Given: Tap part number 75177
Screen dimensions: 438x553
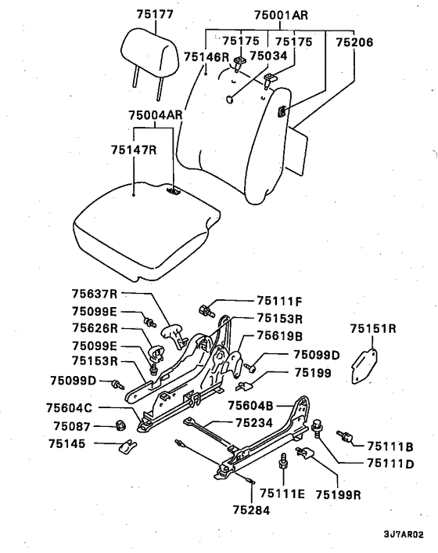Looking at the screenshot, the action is (155, 14).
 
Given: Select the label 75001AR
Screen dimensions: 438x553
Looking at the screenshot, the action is (281, 16).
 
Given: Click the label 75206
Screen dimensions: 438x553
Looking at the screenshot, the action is (354, 42).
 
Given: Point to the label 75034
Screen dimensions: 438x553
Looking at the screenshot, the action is (268, 56).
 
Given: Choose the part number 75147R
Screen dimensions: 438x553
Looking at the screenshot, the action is (135, 150).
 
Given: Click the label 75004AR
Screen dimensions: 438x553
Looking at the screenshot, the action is (156, 115).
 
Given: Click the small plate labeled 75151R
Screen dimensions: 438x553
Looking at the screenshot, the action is (364, 366).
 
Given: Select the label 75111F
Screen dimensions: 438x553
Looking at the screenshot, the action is (279, 302).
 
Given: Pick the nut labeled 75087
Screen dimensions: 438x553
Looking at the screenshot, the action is (121, 425).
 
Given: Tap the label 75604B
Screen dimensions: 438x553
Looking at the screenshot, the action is (250, 406).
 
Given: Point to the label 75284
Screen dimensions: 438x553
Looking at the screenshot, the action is (251, 510).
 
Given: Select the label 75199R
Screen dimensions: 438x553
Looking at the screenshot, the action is (339, 495).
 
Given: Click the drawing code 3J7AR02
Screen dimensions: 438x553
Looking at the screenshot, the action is (404, 534).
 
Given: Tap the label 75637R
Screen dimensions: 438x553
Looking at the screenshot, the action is (95, 294).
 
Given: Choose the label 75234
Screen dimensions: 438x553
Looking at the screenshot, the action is (254, 423).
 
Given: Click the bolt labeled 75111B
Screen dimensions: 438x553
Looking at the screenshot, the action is (345, 436).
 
